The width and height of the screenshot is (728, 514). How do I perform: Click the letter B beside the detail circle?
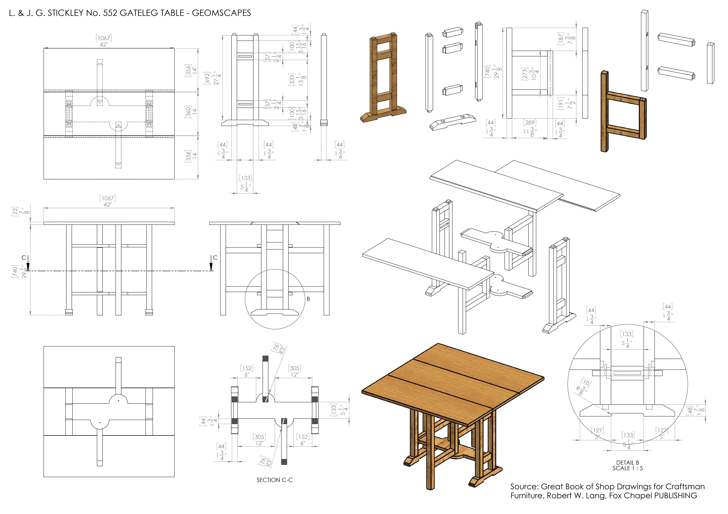tap(308, 299)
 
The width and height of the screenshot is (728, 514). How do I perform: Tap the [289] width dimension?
tap(530, 123)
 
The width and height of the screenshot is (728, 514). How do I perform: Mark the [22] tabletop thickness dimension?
tap(15, 212)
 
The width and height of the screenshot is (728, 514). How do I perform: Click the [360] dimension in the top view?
tap(188, 112)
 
